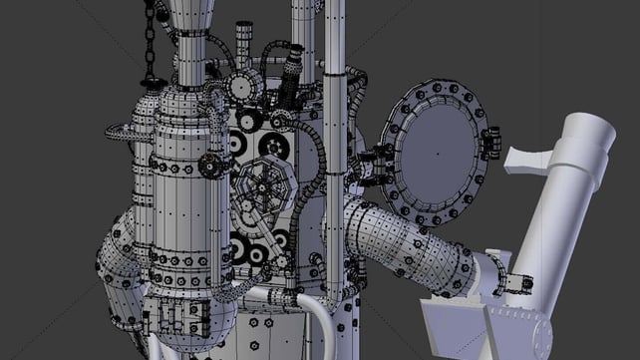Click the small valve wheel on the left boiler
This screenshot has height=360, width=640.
pyautogui.click(x=209, y=165)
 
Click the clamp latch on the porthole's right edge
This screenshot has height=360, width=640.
pyautogui.click(x=489, y=144)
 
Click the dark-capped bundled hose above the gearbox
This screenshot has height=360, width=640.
pyautogui.click(x=289, y=75)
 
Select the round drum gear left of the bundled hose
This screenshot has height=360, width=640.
pyautogui.click(x=245, y=88)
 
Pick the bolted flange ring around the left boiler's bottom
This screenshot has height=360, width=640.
pyautogui.click(x=179, y=261)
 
